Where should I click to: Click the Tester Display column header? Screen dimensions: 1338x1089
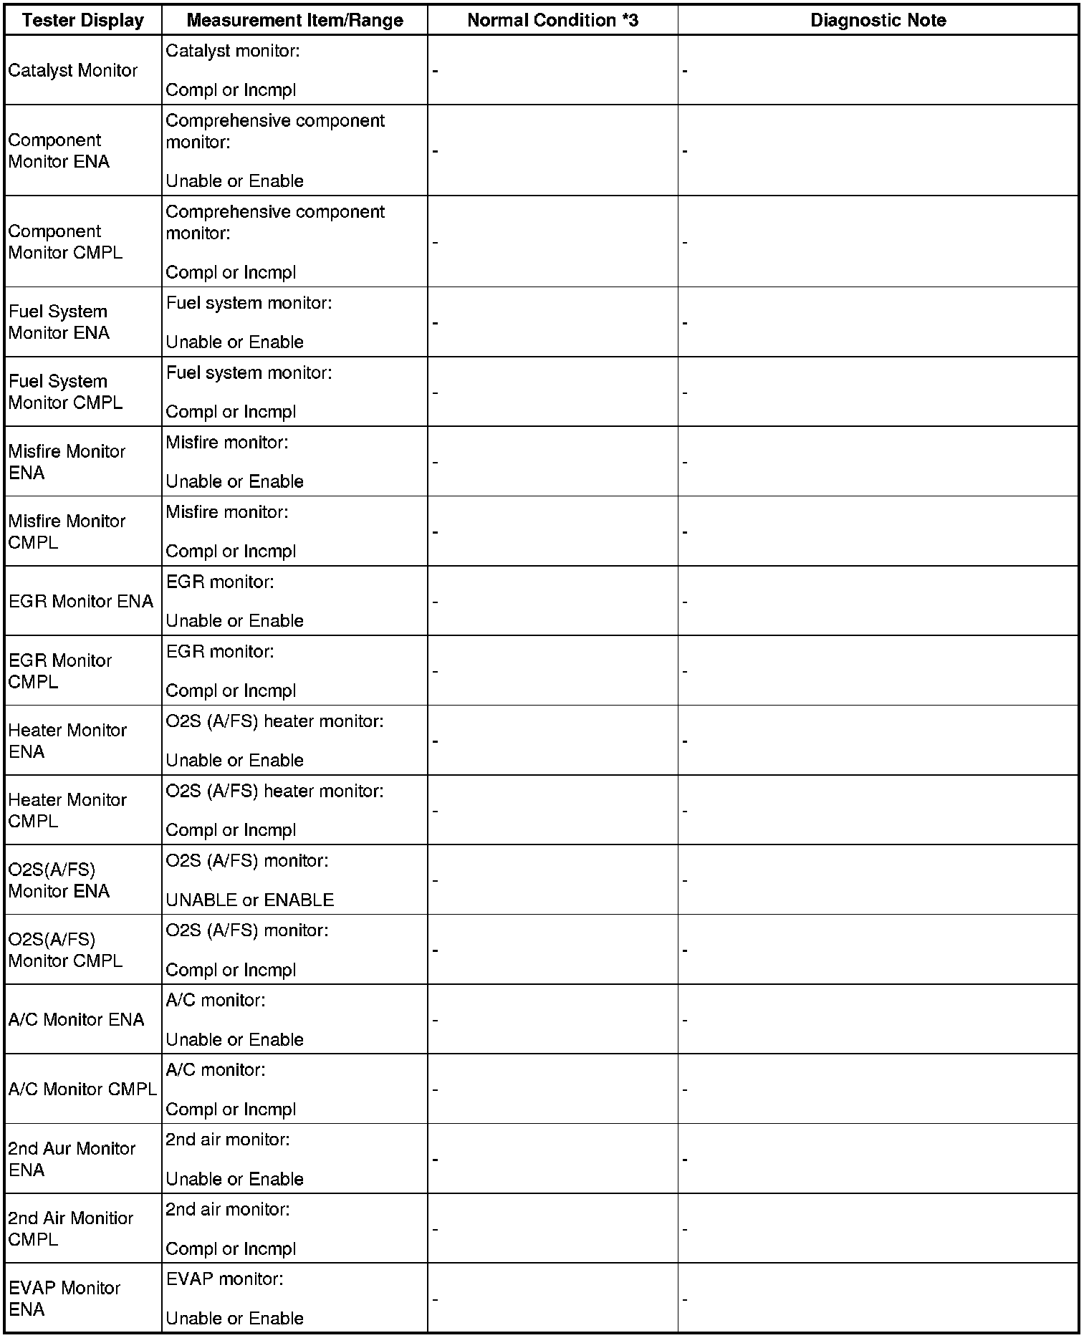pos(83,21)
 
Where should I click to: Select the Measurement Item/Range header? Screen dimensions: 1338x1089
pos(294,21)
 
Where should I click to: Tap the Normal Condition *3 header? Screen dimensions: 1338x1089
pos(552,21)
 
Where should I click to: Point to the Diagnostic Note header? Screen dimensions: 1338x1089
pos(878,21)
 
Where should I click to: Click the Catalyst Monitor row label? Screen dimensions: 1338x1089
pos(73,70)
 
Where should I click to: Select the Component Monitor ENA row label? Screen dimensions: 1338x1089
pos(59,150)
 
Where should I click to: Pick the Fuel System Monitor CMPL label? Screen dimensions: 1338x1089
pos(65,392)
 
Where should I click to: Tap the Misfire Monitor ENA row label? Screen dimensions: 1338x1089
pos(67,462)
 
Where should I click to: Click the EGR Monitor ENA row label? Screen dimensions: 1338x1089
pos(81,601)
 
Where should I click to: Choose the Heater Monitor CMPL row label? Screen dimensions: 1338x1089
pos(67,810)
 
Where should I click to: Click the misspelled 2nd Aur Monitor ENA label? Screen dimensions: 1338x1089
pos(72,1159)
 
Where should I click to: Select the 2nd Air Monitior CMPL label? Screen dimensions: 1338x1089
pos(71,1228)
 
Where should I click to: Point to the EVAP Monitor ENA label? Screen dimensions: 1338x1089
pos(64,1299)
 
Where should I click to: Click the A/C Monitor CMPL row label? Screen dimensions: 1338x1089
pos(82,1089)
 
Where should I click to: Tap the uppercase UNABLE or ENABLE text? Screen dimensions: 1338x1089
pos(250,900)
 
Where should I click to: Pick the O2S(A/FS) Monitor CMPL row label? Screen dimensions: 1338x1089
pos(65,950)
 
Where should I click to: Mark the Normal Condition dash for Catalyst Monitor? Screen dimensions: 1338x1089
pos(436,71)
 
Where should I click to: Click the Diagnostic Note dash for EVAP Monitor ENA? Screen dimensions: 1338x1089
pos(685,1299)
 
